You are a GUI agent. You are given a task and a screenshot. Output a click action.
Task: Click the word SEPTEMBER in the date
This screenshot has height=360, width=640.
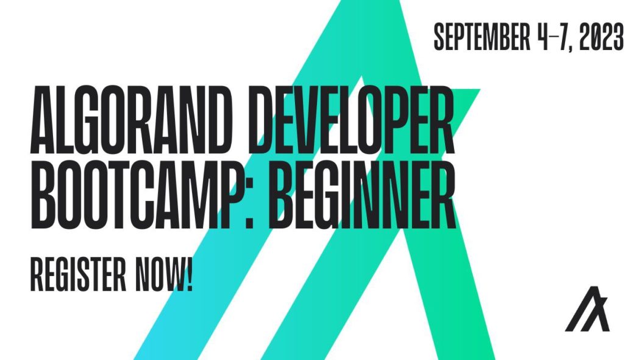click(481, 37)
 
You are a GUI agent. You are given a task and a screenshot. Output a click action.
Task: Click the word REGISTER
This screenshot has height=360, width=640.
click(73, 275)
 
